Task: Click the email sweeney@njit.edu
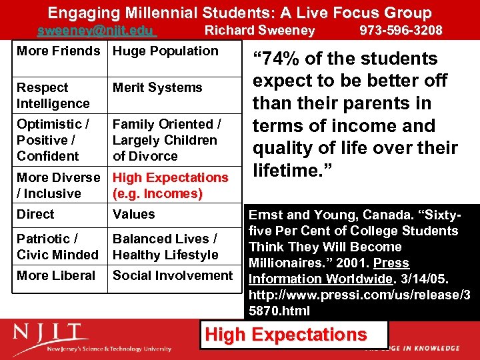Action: click(x=95, y=31)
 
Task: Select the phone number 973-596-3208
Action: click(x=401, y=31)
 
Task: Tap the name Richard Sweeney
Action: click(x=259, y=31)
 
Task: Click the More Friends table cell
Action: click(x=58, y=51)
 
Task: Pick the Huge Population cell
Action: click(x=165, y=51)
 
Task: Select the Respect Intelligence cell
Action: click(x=53, y=95)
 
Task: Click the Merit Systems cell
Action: click(x=157, y=88)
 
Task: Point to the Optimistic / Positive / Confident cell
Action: click(x=53, y=140)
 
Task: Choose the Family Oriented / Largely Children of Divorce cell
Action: click(x=167, y=140)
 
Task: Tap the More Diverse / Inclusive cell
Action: click(x=58, y=185)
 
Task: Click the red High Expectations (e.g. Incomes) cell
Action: click(x=170, y=185)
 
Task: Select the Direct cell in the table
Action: click(x=36, y=215)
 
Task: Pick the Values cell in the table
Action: click(x=133, y=215)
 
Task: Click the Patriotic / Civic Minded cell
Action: click(x=57, y=247)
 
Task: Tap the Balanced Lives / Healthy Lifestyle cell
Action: click(x=165, y=247)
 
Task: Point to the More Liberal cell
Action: click(x=56, y=275)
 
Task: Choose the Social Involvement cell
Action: click(x=173, y=275)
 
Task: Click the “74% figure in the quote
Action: click(x=275, y=59)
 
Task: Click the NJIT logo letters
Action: click(x=51, y=333)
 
